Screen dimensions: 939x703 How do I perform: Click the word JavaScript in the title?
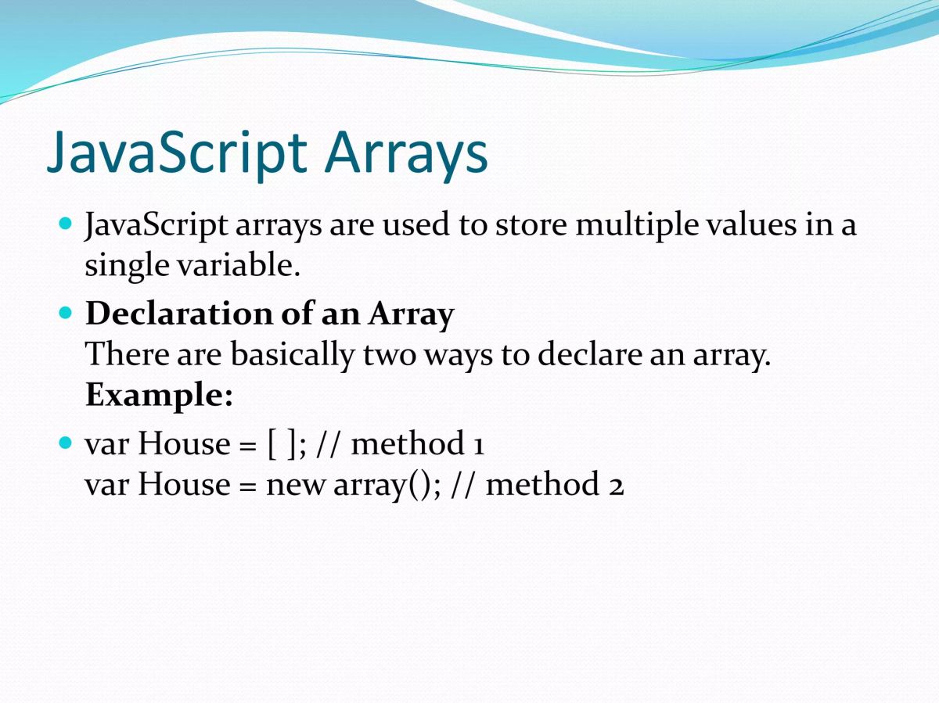[x=177, y=153]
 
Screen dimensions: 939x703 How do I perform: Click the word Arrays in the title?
[x=406, y=154]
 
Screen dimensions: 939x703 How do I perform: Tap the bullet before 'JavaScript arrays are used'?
[x=65, y=223]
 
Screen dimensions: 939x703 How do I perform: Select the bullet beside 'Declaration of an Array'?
[x=65, y=313]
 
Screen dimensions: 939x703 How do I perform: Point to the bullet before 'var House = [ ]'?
[x=65, y=443]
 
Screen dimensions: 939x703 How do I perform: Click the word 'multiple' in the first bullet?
[x=637, y=225]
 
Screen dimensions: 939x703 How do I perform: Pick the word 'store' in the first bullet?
[x=531, y=225]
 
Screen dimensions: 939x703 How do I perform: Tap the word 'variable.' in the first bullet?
[x=239, y=265]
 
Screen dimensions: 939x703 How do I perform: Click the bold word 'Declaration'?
[x=179, y=314]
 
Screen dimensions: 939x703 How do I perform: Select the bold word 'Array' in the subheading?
[x=411, y=315]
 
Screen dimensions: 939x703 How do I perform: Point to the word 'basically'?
[x=293, y=356]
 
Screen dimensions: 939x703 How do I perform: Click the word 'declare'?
[x=589, y=355]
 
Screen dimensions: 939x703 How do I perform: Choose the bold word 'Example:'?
[x=159, y=396]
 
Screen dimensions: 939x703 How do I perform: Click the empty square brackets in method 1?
[x=282, y=444]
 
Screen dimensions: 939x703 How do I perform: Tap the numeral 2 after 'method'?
[x=616, y=486]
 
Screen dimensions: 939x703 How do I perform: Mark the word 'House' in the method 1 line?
[x=184, y=444]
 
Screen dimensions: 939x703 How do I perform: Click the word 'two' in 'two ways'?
[x=389, y=356]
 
